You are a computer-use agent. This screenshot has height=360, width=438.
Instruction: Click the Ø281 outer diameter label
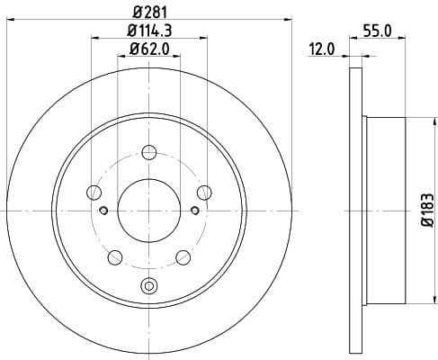(x=149, y=12)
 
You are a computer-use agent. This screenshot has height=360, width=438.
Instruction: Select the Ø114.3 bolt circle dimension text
(x=149, y=31)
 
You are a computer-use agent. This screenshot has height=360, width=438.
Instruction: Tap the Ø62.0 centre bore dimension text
(x=149, y=50)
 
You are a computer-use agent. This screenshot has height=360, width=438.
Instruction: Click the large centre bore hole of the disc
(x=149, y=211)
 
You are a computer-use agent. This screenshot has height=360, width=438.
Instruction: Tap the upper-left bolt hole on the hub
(x=94, y=192)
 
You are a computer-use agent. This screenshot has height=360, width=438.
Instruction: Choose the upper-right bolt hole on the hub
(x=205, y=192)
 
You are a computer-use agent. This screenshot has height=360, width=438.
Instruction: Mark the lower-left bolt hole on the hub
(x=114, y=257)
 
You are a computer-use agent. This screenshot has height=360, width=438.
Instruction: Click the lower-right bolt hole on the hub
(x=184, y=257)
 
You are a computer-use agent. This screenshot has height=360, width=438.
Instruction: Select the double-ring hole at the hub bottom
(x=149, y=287)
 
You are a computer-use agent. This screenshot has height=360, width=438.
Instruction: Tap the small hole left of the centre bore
(x=104, y=211)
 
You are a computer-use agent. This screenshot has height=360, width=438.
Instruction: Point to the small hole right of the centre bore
(x=195, y=211)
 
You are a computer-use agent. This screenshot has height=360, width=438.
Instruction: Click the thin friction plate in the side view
(x=353, y=211)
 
